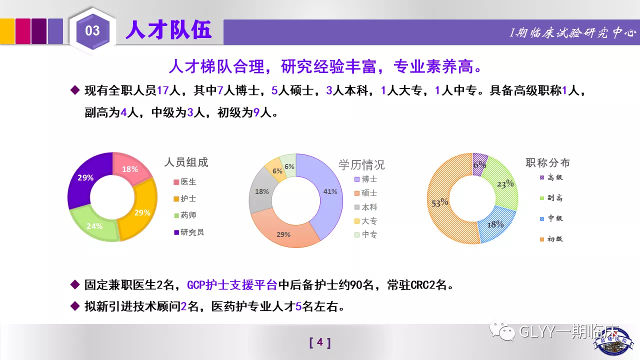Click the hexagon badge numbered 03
[x=92, y=31]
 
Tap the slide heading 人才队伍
[x=168, y=29]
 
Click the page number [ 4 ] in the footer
[x=320, y=342]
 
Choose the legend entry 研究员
[x=189, y=232]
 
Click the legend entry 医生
[x=185, y=181]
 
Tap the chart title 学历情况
[x=361, y=165]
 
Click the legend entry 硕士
[x=365, y=193]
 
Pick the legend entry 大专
[x=365, y=221]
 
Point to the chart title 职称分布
[x=547, y=163]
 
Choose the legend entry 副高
[x=551, y=198]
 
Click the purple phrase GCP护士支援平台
[x=232, y=285]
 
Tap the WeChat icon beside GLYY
[x=502, y=330]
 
